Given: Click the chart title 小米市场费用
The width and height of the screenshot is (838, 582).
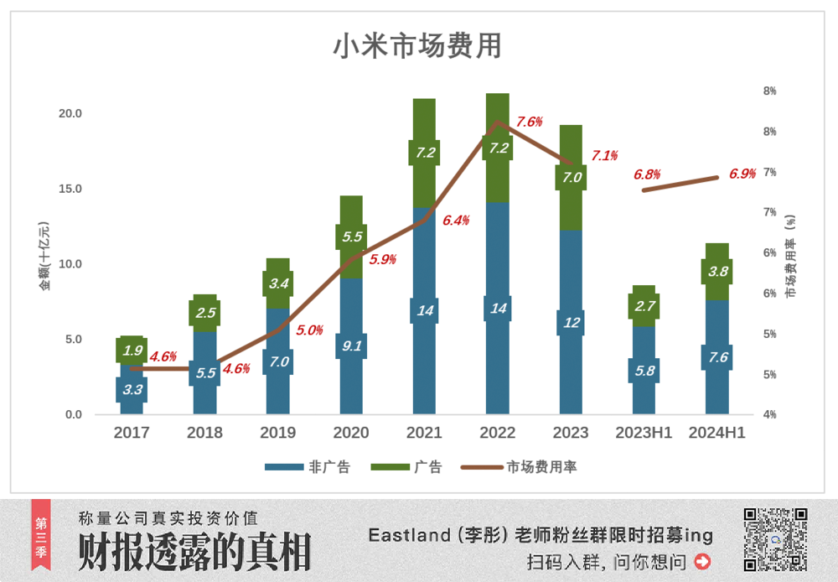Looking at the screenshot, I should tap(417, 47).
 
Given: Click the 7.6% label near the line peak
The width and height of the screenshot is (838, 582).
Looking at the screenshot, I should tap(530, 122).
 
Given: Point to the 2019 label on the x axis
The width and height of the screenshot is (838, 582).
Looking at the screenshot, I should tap(278, 434).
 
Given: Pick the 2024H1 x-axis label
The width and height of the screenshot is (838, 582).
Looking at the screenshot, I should tap(716, 434).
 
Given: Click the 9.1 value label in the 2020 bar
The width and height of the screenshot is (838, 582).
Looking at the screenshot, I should tap(351, 346).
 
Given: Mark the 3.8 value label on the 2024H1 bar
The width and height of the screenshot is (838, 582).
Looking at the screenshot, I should tap(717, 272).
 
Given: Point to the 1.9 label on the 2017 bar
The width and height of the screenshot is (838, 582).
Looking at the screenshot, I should tap(132, 351).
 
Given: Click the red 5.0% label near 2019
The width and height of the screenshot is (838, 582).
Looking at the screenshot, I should tap(309, 330).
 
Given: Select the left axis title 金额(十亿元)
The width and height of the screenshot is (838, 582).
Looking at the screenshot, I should tap(44, 256).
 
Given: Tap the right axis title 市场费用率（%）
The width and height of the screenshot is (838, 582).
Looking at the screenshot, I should tap(790, 256).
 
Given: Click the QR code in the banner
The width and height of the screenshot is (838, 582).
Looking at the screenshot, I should tap(775, 539).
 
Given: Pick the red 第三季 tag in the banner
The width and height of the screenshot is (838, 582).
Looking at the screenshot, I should tap(41, 534).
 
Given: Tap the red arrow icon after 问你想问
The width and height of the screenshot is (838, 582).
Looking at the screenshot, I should tap(702, 561).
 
